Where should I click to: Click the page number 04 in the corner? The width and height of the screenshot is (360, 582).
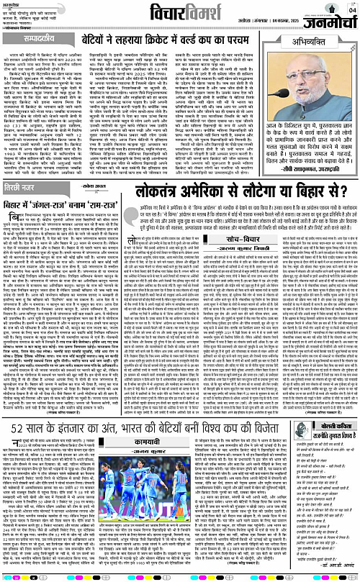(352, 9)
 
